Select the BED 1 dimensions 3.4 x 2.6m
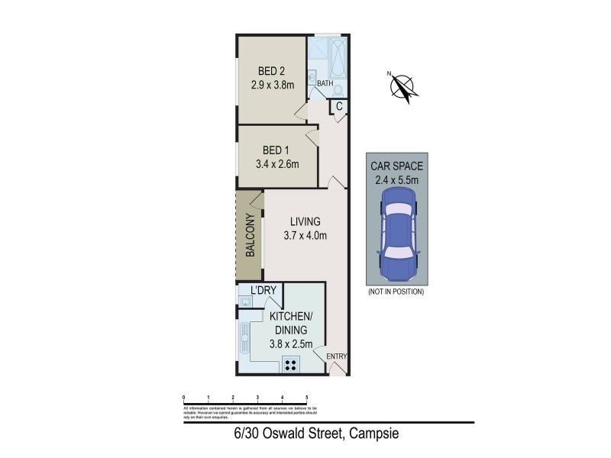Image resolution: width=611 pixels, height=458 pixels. click(x=276, y=163)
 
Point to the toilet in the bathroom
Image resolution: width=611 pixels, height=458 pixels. click(x=338, y=89)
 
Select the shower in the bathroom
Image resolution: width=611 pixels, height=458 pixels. click(x=316, y=52)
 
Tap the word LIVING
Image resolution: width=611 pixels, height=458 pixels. click(x=305, y=222)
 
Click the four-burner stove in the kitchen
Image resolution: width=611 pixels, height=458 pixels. click(x=291, y=364)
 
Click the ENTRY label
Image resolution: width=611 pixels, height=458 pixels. click(x=336, y=356)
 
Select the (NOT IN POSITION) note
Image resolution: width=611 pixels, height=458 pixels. click(x=395, y=292)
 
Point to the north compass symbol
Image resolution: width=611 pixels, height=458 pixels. click(x=402, y=86)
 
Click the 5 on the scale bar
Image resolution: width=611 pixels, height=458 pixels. click(x=307, y=398)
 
